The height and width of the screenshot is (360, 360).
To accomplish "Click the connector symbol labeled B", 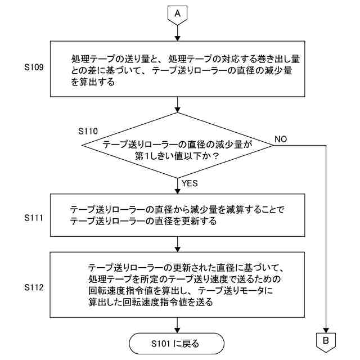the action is tap(326, 342).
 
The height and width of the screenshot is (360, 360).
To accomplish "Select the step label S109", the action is tap(34, 67).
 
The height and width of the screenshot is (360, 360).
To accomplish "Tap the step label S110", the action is tap(88, 131).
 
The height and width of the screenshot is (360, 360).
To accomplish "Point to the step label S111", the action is tap(34, 218).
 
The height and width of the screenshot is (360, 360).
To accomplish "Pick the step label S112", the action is tap(34, 287).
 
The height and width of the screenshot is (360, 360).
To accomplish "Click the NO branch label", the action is tap(281, 139).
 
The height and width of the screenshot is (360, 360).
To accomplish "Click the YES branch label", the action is tap(190, 183).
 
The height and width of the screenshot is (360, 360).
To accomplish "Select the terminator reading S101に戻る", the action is tap(176, 344).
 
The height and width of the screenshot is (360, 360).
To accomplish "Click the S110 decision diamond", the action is tap(178, 145).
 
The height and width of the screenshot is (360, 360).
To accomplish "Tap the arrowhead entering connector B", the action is tap(326, 330).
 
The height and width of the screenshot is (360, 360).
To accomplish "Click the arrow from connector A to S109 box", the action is tap(178, 33).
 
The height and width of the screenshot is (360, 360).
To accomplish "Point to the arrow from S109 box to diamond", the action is tap(178, 105).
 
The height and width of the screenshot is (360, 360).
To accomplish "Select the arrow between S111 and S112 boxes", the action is tap(178, 244).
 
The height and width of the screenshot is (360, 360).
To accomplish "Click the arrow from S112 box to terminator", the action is tap(178, 325).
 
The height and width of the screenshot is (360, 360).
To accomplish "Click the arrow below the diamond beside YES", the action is tap(178, 186).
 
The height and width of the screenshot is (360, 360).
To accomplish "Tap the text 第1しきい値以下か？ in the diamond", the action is tap(177, 156).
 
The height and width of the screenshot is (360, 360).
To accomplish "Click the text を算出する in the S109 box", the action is tap(93, 82).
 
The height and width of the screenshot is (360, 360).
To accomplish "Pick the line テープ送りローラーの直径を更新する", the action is tap(143, 221).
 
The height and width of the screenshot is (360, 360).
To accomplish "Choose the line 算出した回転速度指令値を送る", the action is tap(151, 302).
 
